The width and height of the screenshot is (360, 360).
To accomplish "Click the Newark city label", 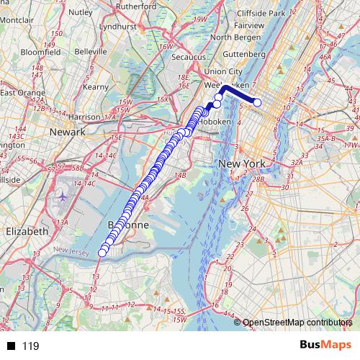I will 68,132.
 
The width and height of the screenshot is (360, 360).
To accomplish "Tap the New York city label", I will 242,164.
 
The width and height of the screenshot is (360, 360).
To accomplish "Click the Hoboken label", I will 215,122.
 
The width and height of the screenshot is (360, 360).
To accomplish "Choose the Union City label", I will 223,71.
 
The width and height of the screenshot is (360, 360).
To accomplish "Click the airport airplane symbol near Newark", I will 63,196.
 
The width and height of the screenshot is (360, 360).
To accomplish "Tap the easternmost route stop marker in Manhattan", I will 257,102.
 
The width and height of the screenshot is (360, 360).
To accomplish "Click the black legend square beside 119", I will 12,346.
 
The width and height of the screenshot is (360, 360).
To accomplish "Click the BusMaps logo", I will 323,345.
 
